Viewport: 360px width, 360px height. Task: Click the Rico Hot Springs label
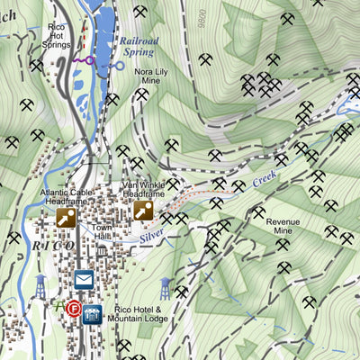(58, 35)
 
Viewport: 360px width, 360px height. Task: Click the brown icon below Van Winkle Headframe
(143, 211)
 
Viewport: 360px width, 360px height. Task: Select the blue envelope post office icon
(84, 280)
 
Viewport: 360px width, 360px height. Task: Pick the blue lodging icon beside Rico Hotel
(92, 314)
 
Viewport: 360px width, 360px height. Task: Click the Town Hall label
(101, 233)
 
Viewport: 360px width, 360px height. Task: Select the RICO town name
(54, 245)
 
